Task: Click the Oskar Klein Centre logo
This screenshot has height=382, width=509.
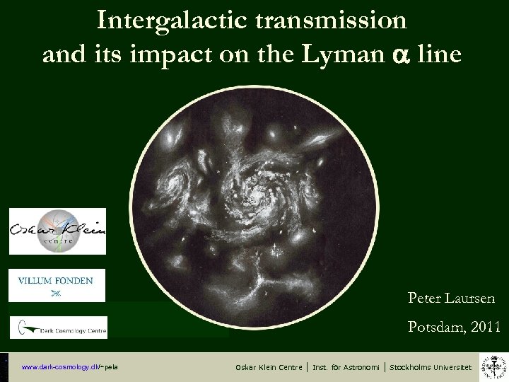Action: pos(57,231)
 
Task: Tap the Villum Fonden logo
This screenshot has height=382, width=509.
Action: pos(57,285)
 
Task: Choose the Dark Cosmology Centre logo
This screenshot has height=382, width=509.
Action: pos(58,327)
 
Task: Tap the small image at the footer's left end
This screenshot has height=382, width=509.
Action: pos(4,366)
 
